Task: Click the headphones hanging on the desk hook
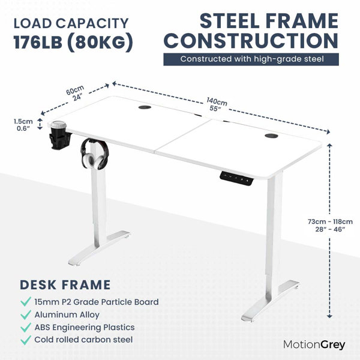pos(95,154)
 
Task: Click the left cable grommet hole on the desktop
pos(145,107)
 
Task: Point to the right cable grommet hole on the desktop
pos(271,136)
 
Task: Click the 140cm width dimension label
pos(216,104)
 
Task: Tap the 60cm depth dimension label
pos(76,93)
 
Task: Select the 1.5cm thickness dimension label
pos(23,125)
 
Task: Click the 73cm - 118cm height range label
pos(330,225)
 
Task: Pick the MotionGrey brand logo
pos(314,345)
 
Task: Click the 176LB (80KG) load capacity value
pos(73,42)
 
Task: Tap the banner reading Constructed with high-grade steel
pos(251,59)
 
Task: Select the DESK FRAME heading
pos(65,284)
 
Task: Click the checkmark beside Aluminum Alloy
pos(26,314)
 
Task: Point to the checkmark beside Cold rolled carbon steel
pos(26,340)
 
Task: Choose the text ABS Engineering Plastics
pos(85,327)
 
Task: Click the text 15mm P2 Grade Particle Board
pos(97,302)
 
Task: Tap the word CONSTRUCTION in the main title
pos(251,40)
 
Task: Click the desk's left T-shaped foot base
pos(99,248)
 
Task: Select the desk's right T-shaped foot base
pos(270,301)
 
